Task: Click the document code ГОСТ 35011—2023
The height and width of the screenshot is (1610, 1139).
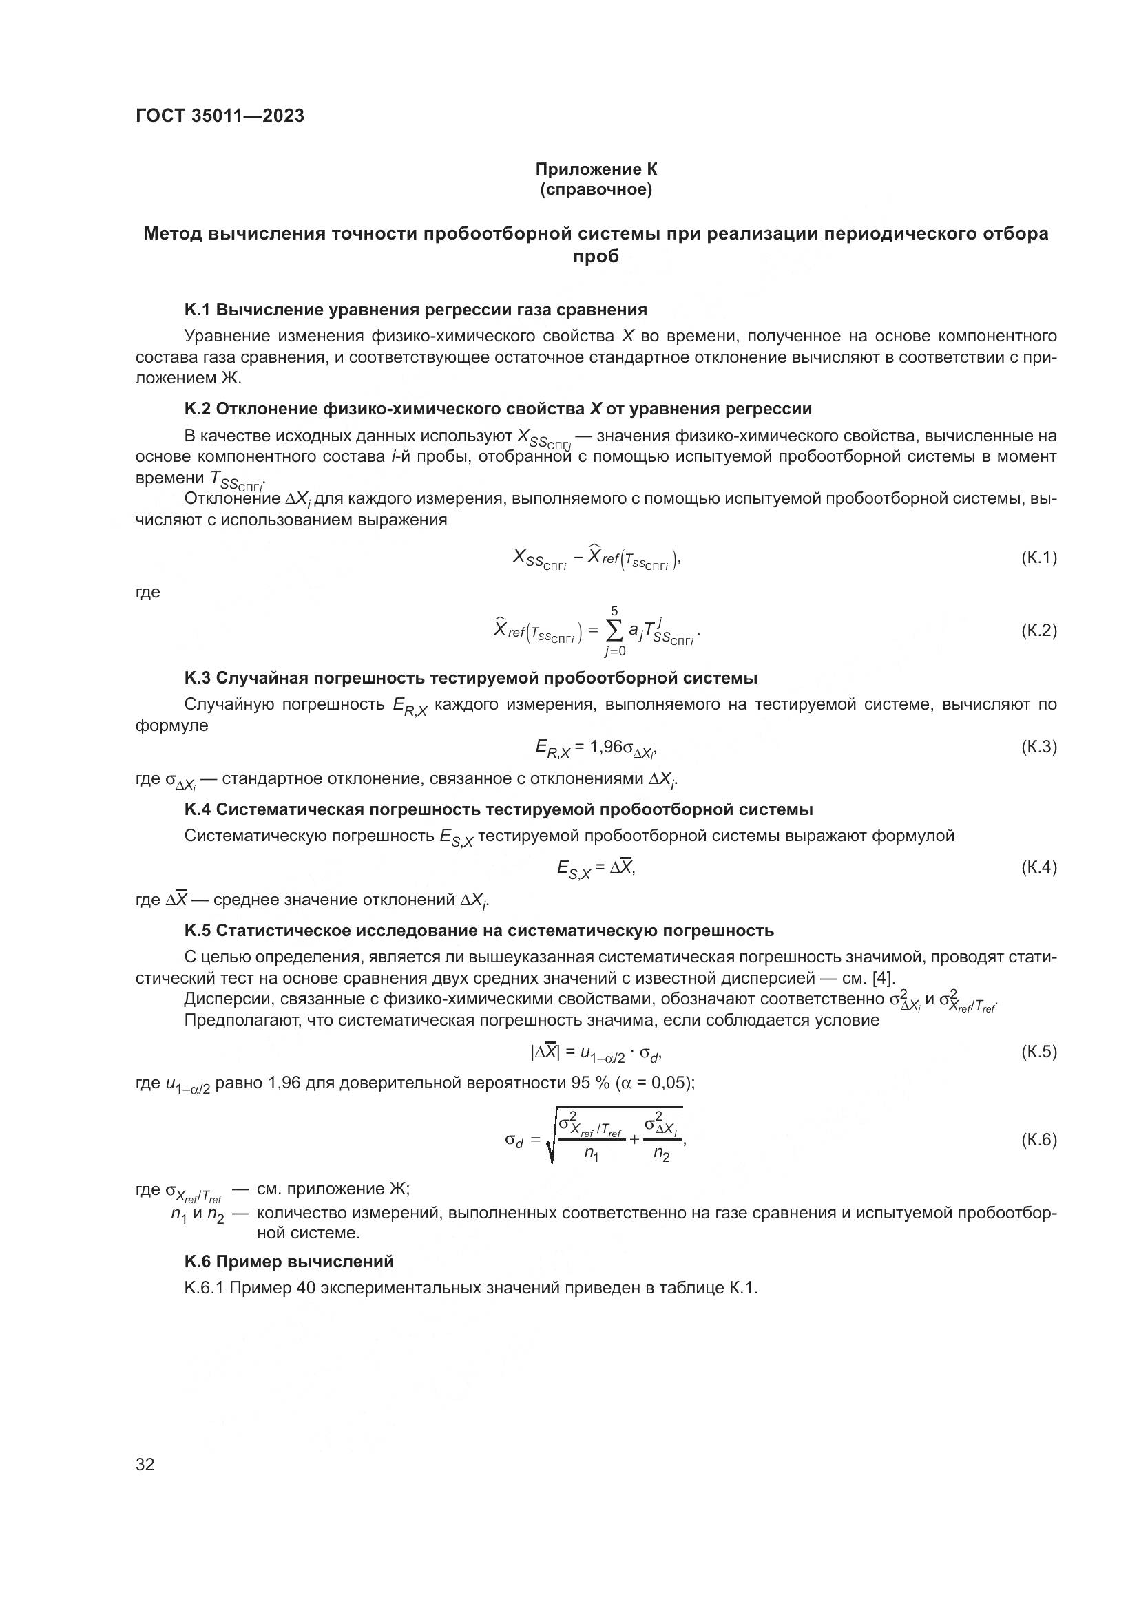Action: coord(220,116)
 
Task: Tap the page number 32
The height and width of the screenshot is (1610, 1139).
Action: coord(145,1464)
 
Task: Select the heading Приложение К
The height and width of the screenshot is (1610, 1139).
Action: coord(596,169)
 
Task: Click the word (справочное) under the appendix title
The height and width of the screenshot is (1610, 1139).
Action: coord(596,190)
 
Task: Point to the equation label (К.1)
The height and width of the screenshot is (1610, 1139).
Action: coord(1038,558)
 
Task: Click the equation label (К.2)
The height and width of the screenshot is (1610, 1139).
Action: coord(1038,631)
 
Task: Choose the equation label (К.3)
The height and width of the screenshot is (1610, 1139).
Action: coord(1038,747)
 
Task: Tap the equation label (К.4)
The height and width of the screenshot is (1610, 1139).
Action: coord(1038,867)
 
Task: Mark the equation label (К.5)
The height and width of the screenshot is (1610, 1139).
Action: coord(1038,1052)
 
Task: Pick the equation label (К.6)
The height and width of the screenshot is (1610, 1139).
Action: coord(1038,1139)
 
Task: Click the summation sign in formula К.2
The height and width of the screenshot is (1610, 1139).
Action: coord(614,631)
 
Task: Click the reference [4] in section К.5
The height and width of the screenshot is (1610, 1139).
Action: coord(882,978)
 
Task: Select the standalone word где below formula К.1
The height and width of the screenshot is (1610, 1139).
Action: coord(148,592)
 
